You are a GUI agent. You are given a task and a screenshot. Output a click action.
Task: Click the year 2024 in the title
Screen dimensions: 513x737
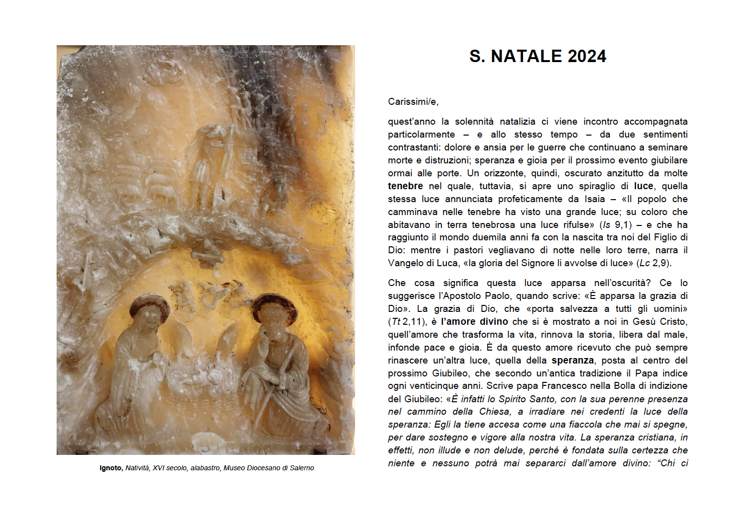[587, 57]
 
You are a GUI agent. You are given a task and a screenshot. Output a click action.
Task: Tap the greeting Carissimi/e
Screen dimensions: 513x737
[413, 102]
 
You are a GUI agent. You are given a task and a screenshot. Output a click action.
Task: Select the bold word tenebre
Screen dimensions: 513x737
[405, 186]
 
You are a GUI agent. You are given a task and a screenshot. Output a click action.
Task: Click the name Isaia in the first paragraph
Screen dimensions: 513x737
[594, 199]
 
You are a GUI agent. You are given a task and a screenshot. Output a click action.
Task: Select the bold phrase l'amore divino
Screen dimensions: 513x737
[474, 322]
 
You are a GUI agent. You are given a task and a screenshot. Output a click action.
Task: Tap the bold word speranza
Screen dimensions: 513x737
[573, 361]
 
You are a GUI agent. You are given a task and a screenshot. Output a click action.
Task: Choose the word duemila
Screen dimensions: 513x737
[506, 237]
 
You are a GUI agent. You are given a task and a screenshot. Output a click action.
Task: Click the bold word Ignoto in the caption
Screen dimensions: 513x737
[110, 468]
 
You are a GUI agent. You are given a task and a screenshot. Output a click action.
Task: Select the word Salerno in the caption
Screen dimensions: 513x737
[301, 468]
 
